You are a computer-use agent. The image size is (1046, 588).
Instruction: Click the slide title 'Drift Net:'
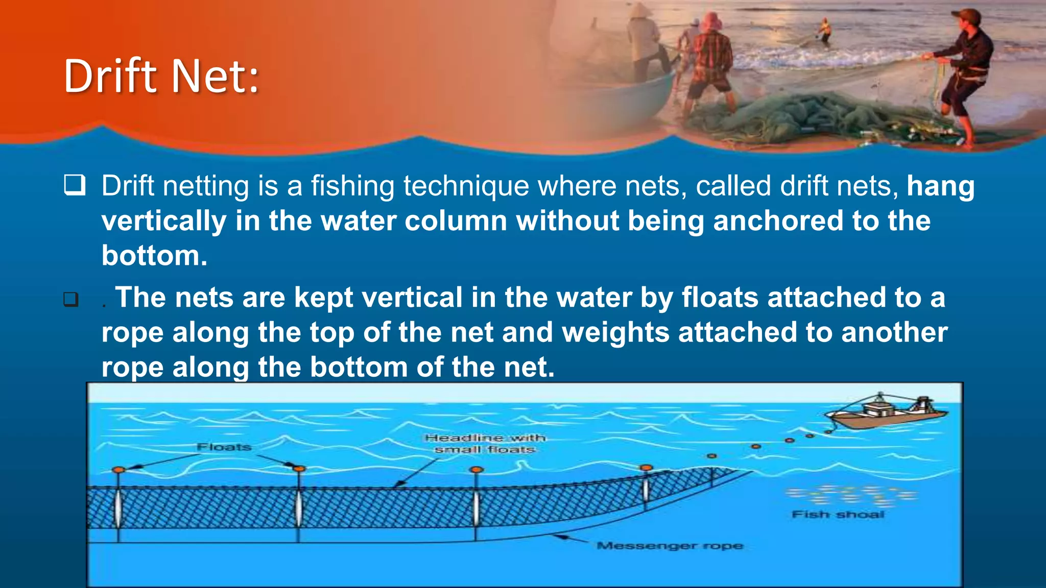[x=161, y=77]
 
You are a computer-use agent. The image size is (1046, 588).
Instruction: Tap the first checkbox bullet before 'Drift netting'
[x=75, y=185]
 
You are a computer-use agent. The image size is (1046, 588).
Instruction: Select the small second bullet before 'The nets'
[x=71, y=299]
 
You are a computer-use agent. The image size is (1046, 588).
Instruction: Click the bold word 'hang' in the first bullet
[x=940, y=186]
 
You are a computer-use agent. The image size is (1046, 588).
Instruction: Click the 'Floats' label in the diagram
[x=224, y=447]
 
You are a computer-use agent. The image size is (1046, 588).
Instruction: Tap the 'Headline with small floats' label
[x=485, y=444]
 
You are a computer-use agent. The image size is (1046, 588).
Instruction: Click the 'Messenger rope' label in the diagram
[x=670, y=546]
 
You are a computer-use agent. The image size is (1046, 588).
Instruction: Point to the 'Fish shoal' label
[x=838, y=514]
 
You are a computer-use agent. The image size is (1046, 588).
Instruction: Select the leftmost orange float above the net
[x=118, y=470]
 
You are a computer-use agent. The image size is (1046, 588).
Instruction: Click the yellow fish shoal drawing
[x=850, y=495]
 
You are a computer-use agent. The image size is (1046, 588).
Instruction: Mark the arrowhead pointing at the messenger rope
[x=560, y=536]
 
